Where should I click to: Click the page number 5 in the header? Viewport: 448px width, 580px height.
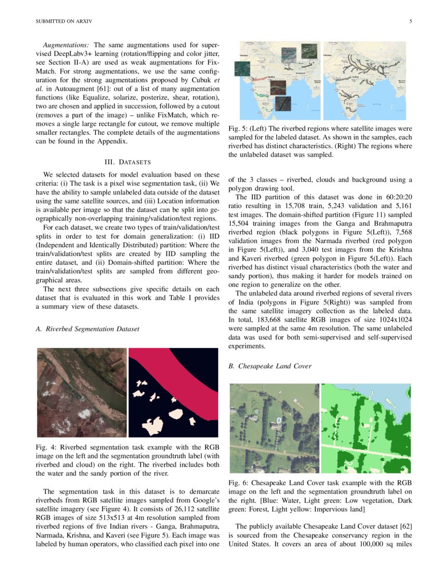click(x=410, y=22)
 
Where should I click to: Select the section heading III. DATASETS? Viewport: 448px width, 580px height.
click(x=127, y=161)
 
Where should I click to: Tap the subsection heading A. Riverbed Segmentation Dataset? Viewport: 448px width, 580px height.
click(x=87, y=329)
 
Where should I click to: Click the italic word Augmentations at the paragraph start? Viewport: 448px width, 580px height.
click(x=66, y=46)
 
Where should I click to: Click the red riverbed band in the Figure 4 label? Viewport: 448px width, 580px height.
click(x=190, y=380)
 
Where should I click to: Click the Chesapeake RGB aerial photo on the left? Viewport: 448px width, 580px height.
click(x=274, y=428)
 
